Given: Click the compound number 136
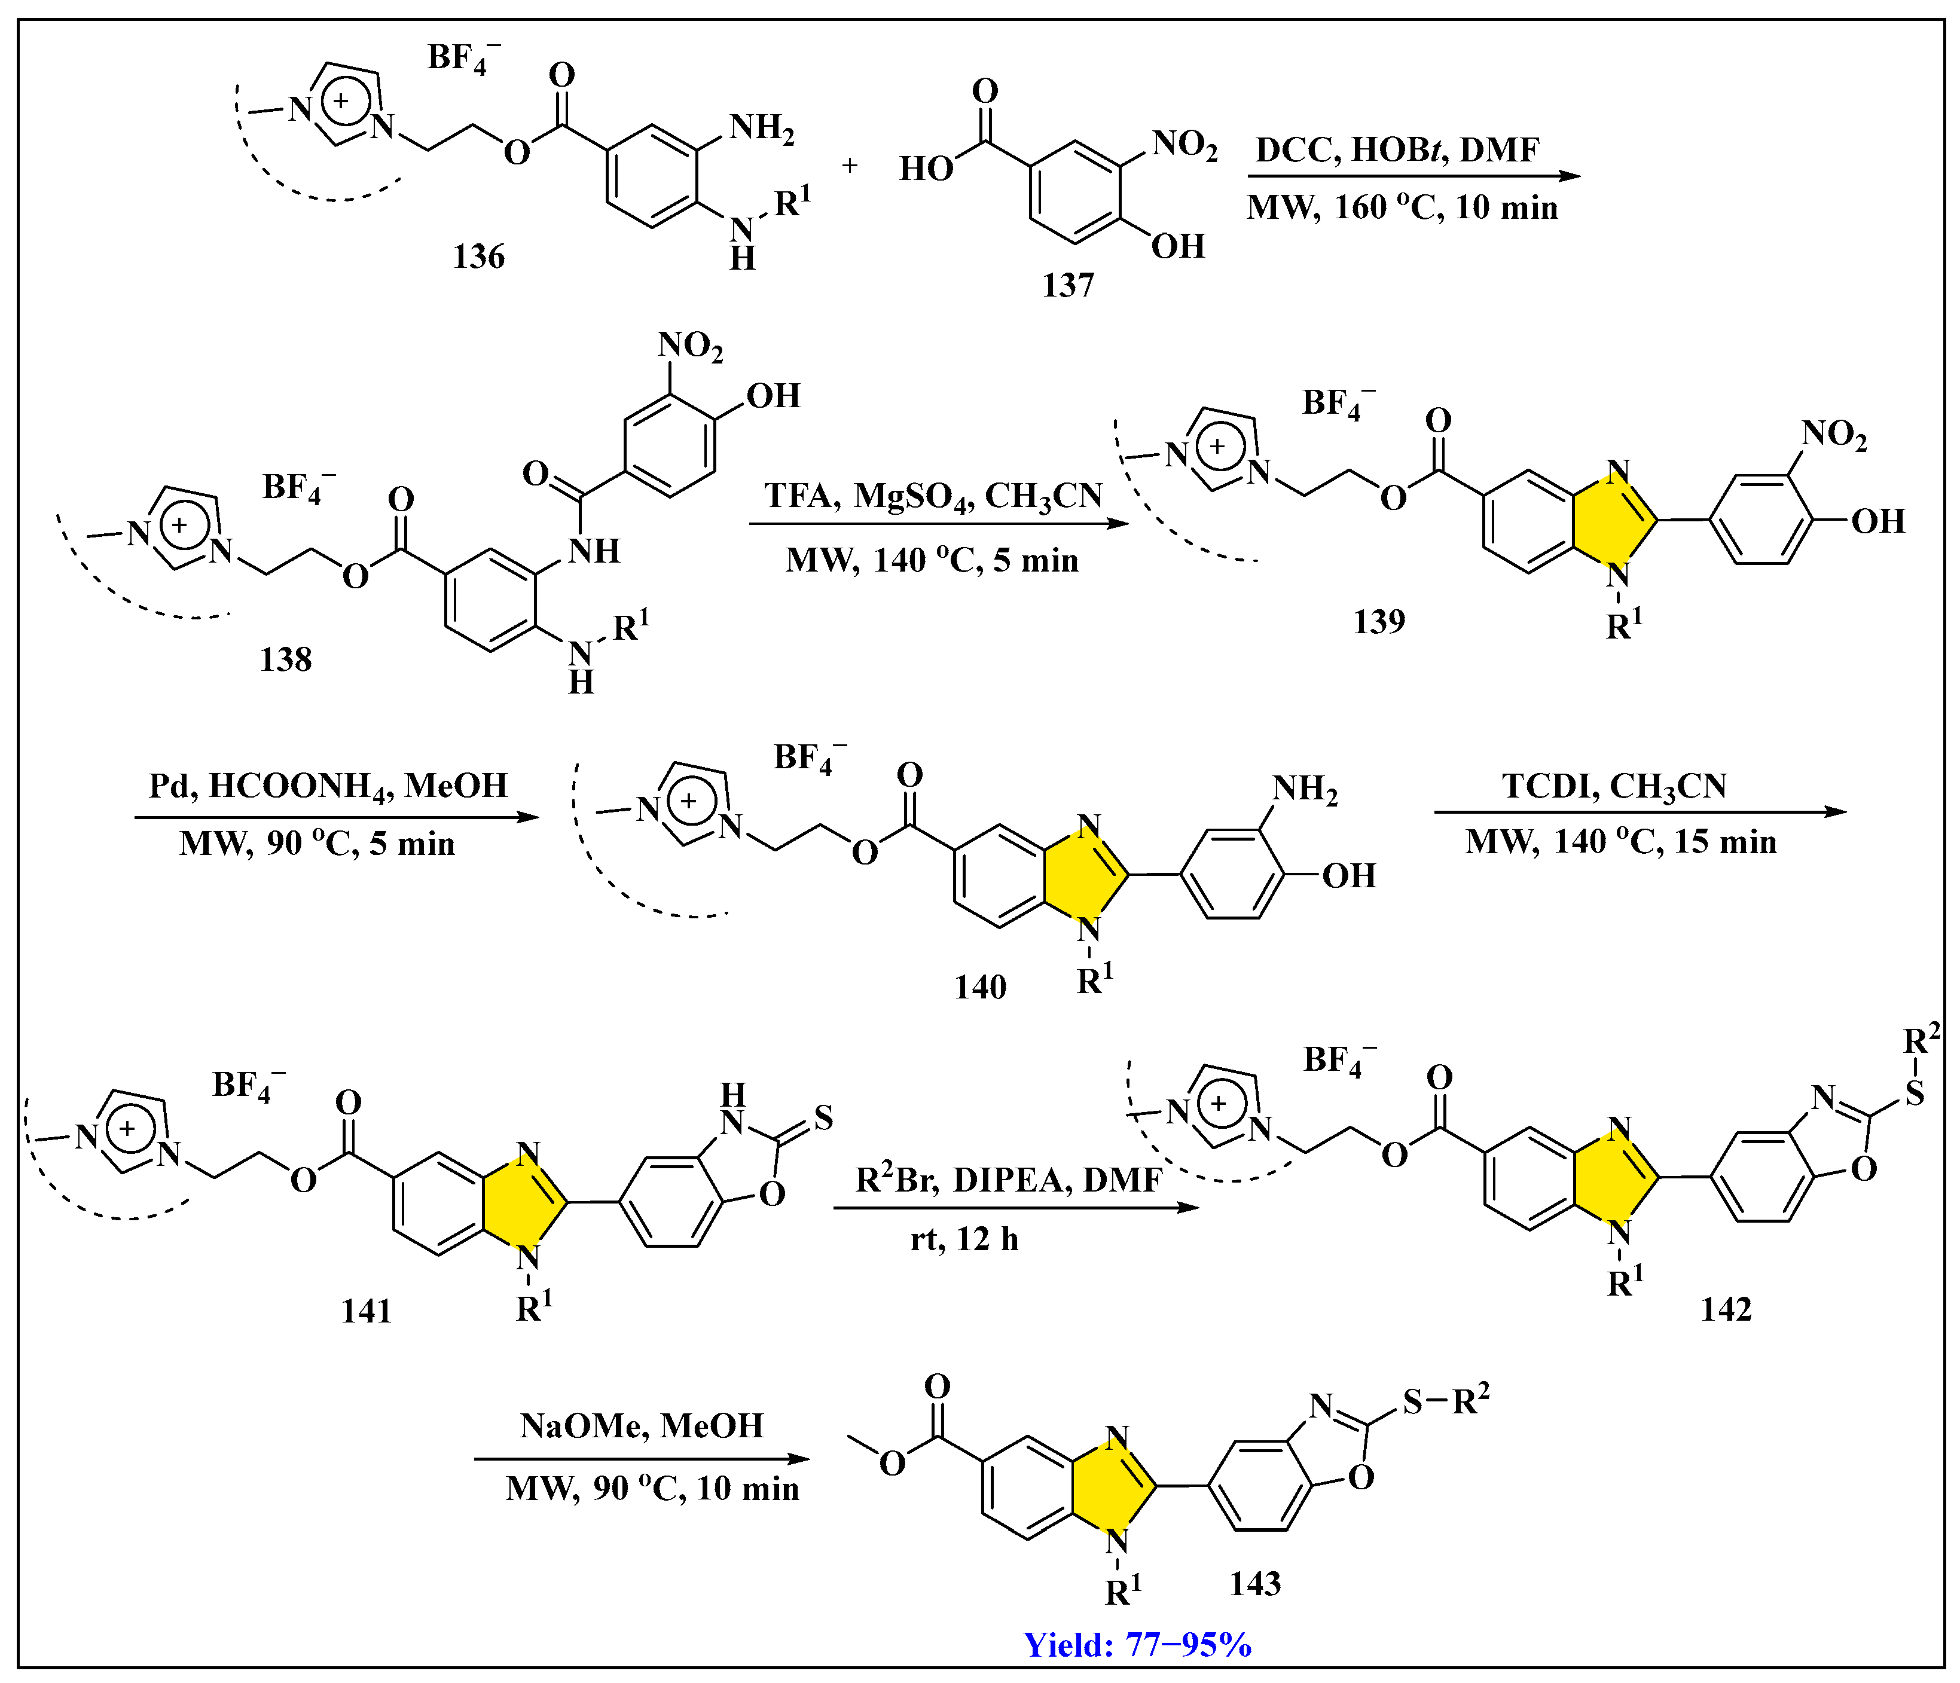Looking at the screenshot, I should tap(479, 256).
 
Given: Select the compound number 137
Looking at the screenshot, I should tap(1068, 285).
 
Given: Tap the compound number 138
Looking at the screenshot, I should tap(286, 659).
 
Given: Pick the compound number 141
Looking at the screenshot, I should tap(366, 1311).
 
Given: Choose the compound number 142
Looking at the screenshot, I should tap(1726, 1309).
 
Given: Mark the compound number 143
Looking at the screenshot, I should tap(1255, 1584).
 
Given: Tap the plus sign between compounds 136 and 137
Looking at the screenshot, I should tap(850, 166).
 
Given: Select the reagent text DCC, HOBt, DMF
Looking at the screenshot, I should tap(1397, 149).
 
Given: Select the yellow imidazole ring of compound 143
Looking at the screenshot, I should tap(1116, 1486).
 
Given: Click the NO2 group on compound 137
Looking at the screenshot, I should tap(1184, 145).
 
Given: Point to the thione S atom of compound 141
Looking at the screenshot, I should tap(823, 1118).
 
